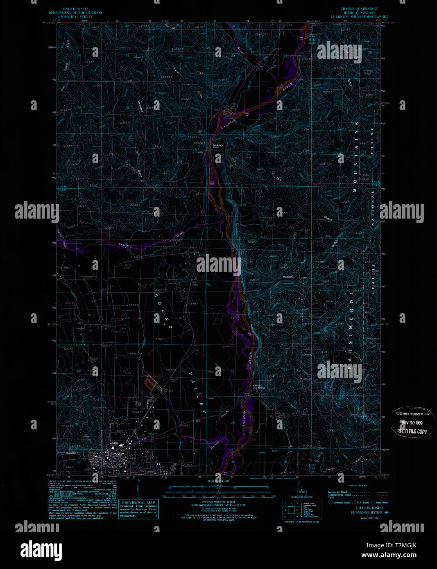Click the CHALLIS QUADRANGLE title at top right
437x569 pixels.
tap(359, 9)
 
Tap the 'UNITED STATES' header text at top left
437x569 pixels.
tap(75, 9)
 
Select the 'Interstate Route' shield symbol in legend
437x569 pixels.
tap(331, 502)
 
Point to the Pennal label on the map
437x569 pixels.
tap(288, 277)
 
